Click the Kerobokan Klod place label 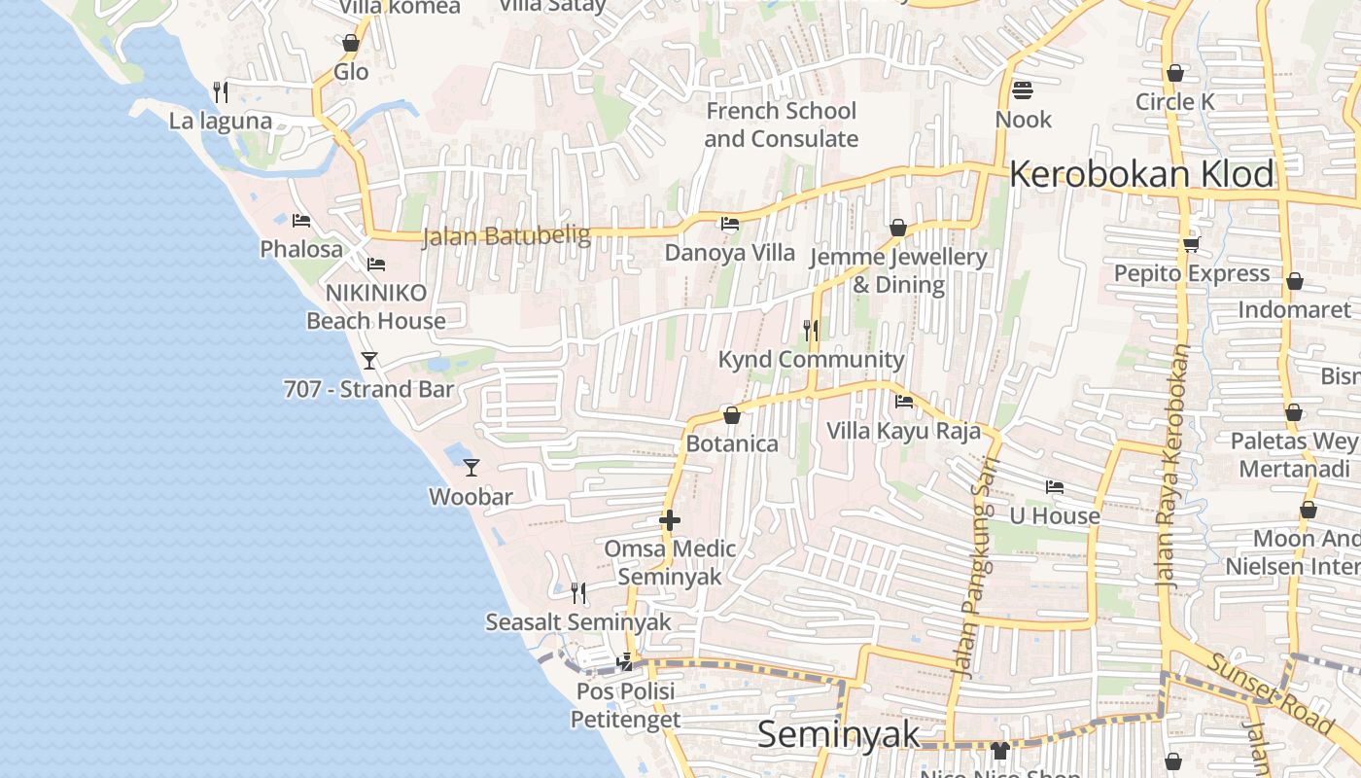point(1141,175)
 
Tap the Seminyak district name point(838,734)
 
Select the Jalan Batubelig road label point(506,236)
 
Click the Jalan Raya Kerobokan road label point(1173,465)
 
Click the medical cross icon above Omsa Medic point(670,521)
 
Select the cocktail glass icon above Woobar point(471,468)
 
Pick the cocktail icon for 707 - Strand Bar point(369,361)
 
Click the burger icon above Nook point(1023,90)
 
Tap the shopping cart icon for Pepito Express point(1192,244)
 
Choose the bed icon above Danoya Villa point(730,224)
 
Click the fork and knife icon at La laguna point(221,92)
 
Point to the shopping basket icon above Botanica point(732,415)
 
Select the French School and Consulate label point(781,124)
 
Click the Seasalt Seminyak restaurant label point(578,621)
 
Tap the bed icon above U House point(1055,486)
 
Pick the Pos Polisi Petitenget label point(625,706)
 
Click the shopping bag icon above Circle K point(1175,73)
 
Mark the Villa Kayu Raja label point(903,431)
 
